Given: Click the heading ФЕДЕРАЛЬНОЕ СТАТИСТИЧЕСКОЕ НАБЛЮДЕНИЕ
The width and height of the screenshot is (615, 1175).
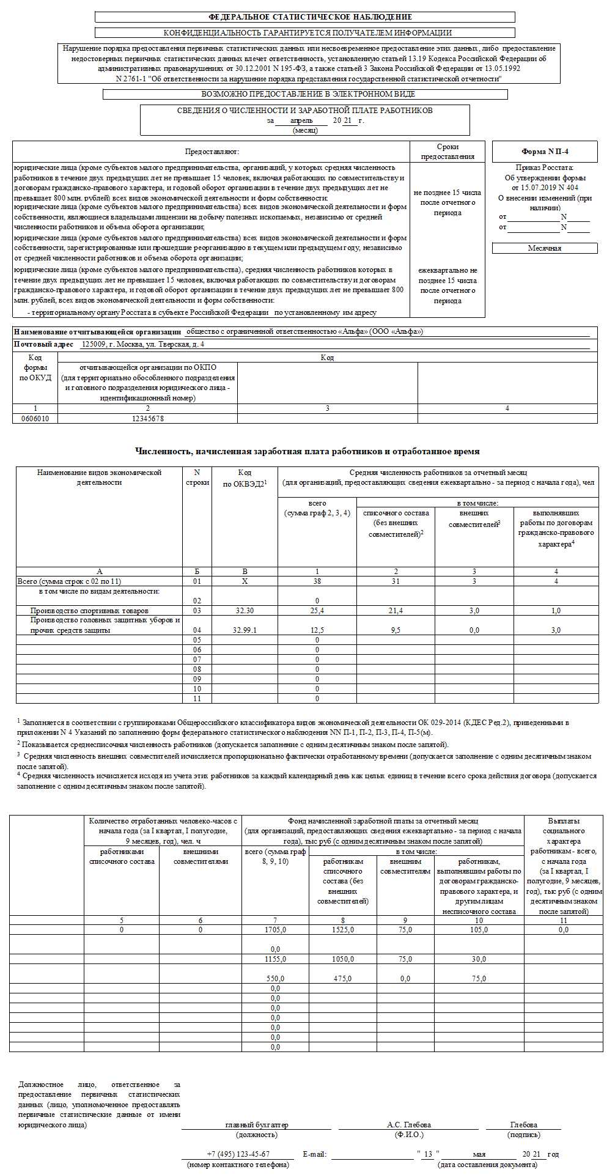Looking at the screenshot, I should point(310,17).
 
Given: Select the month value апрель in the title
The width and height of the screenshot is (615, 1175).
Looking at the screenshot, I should point(301,120).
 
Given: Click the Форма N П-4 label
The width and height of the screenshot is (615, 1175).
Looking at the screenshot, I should point(545,152).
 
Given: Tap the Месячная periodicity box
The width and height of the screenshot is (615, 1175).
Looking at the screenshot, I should point(544,248).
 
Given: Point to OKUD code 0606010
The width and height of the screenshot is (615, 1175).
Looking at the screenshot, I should point(35,419).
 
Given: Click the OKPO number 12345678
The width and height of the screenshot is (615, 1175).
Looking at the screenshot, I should point(147,419).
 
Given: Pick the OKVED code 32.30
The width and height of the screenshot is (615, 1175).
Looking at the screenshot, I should point(245,611).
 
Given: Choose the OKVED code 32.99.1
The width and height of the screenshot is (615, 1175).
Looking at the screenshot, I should point(245,630).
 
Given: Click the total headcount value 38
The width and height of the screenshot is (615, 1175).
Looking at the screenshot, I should point(317,581).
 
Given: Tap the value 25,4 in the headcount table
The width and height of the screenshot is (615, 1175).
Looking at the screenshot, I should point(317,611).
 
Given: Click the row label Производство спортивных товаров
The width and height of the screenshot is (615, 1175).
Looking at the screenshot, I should point(89,611).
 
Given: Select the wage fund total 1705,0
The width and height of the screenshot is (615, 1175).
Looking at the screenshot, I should point(275,930).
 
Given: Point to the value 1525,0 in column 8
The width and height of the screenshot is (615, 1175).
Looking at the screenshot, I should point(342,930).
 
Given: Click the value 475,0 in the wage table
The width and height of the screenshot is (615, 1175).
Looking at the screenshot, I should point(342,979).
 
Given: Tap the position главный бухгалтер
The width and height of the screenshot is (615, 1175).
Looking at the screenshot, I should point(257,1125).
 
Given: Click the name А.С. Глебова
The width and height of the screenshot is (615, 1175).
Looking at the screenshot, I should point(409,1125).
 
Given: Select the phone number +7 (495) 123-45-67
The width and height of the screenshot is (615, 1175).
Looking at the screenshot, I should point(238,1154).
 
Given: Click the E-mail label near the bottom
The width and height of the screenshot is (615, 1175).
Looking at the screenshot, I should point(315,1155).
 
